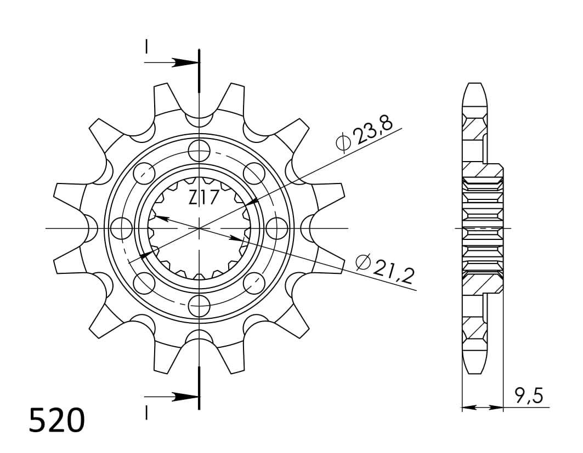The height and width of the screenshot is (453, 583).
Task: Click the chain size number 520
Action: click(x=57, y=421)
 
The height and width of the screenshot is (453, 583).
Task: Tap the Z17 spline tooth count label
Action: click(x=203, y=197)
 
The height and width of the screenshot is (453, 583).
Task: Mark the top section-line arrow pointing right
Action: click(x=180, y=62)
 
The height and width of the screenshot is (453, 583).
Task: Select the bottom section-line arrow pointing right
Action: click(x=180, y=396)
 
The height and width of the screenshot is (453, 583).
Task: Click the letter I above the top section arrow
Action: click(x=146, y=48)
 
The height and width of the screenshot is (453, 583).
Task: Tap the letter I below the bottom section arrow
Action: click(x=146, y=412)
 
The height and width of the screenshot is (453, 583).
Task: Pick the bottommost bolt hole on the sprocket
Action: click(x=199, y=304)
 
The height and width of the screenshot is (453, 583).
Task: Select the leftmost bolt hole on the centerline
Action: click(x=121, y=227)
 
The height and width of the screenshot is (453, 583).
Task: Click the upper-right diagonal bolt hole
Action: click(x=254, y=173)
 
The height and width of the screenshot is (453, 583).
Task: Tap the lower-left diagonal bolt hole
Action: click(x=144, y=283)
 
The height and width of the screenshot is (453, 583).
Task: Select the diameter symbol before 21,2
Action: click(x=363, y=263)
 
